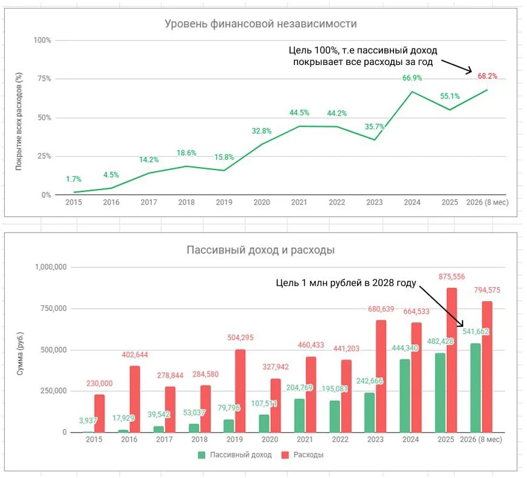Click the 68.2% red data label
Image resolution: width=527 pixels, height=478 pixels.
click(488, 77)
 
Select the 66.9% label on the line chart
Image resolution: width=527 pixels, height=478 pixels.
click(412, 78)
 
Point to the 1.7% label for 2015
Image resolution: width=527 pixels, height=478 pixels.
click(73, 179)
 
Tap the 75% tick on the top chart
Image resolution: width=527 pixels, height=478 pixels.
click(44, 79)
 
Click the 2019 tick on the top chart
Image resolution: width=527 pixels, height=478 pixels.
click(224, 202)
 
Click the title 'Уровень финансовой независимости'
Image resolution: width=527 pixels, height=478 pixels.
click(260, 24)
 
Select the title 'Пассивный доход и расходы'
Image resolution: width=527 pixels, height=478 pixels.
click(260, 250)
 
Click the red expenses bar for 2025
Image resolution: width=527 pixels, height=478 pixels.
click(452, 360)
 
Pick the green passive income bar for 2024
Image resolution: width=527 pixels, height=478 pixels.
click(404, 395)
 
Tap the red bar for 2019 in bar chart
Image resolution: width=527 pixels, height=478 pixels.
click(240, 391)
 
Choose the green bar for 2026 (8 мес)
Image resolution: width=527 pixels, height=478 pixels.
click(475, 388)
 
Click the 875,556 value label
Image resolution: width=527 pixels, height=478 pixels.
click(452, 277)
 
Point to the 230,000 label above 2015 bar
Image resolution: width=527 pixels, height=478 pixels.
click(100, 383)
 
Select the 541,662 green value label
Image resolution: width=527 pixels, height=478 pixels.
click(475, 332)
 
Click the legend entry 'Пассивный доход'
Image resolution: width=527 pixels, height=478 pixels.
click(235, 455)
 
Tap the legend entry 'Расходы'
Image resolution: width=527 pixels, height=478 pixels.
click(302, 455)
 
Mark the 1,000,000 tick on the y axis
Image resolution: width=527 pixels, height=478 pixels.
click(51, 267)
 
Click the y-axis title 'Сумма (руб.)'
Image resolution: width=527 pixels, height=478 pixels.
click(20, 353)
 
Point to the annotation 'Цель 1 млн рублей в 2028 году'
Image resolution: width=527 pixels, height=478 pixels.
click(346, 283)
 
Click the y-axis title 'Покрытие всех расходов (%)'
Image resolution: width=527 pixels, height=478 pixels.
click(19, 121)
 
